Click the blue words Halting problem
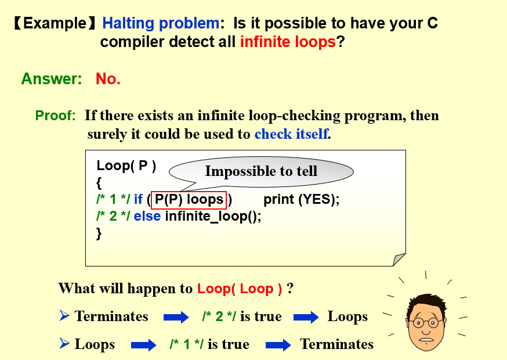(x=161, y=24)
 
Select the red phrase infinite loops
(x=288, y=42)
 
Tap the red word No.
(x=108, y=78)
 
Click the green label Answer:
(x=52, y=78)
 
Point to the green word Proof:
(x=55, y=115)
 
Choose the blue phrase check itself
(x=291, y=134)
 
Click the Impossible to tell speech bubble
(x=261, y=172)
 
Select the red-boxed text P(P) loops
(x=189, y=200)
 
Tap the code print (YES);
(x=301, y=199)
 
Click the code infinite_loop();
(x=213, y=216)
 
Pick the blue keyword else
(x=147, y=216)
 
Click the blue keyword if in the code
(x=138, y=199)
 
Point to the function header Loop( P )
(x=126, y=165)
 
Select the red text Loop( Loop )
(x=240, y=289)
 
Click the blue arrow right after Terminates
(x=176, y=317)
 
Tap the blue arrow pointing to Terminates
(x=278, y=345)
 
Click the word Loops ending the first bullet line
(x=347, y=317)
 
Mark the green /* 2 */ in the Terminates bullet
(x=219, y=316)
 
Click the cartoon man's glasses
(x=426, y=322)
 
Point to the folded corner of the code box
(x=399, y=260)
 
